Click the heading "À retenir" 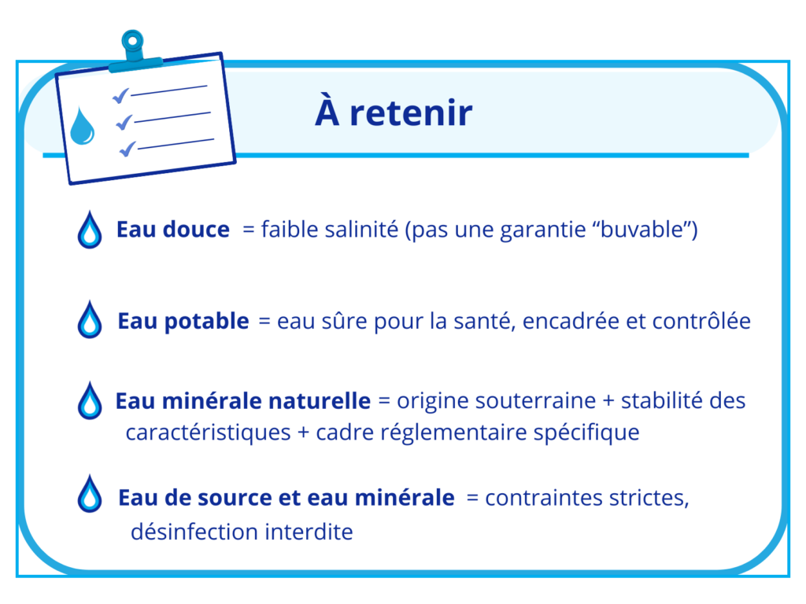[394, 112]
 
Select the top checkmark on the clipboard [120, 96]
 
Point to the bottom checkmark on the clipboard [128, 147]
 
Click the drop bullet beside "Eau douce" [90, 230]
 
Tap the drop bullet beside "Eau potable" [90, 320]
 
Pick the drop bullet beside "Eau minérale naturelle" [90, 400]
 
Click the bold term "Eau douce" [173, 230]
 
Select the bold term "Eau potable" [183, 321]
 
